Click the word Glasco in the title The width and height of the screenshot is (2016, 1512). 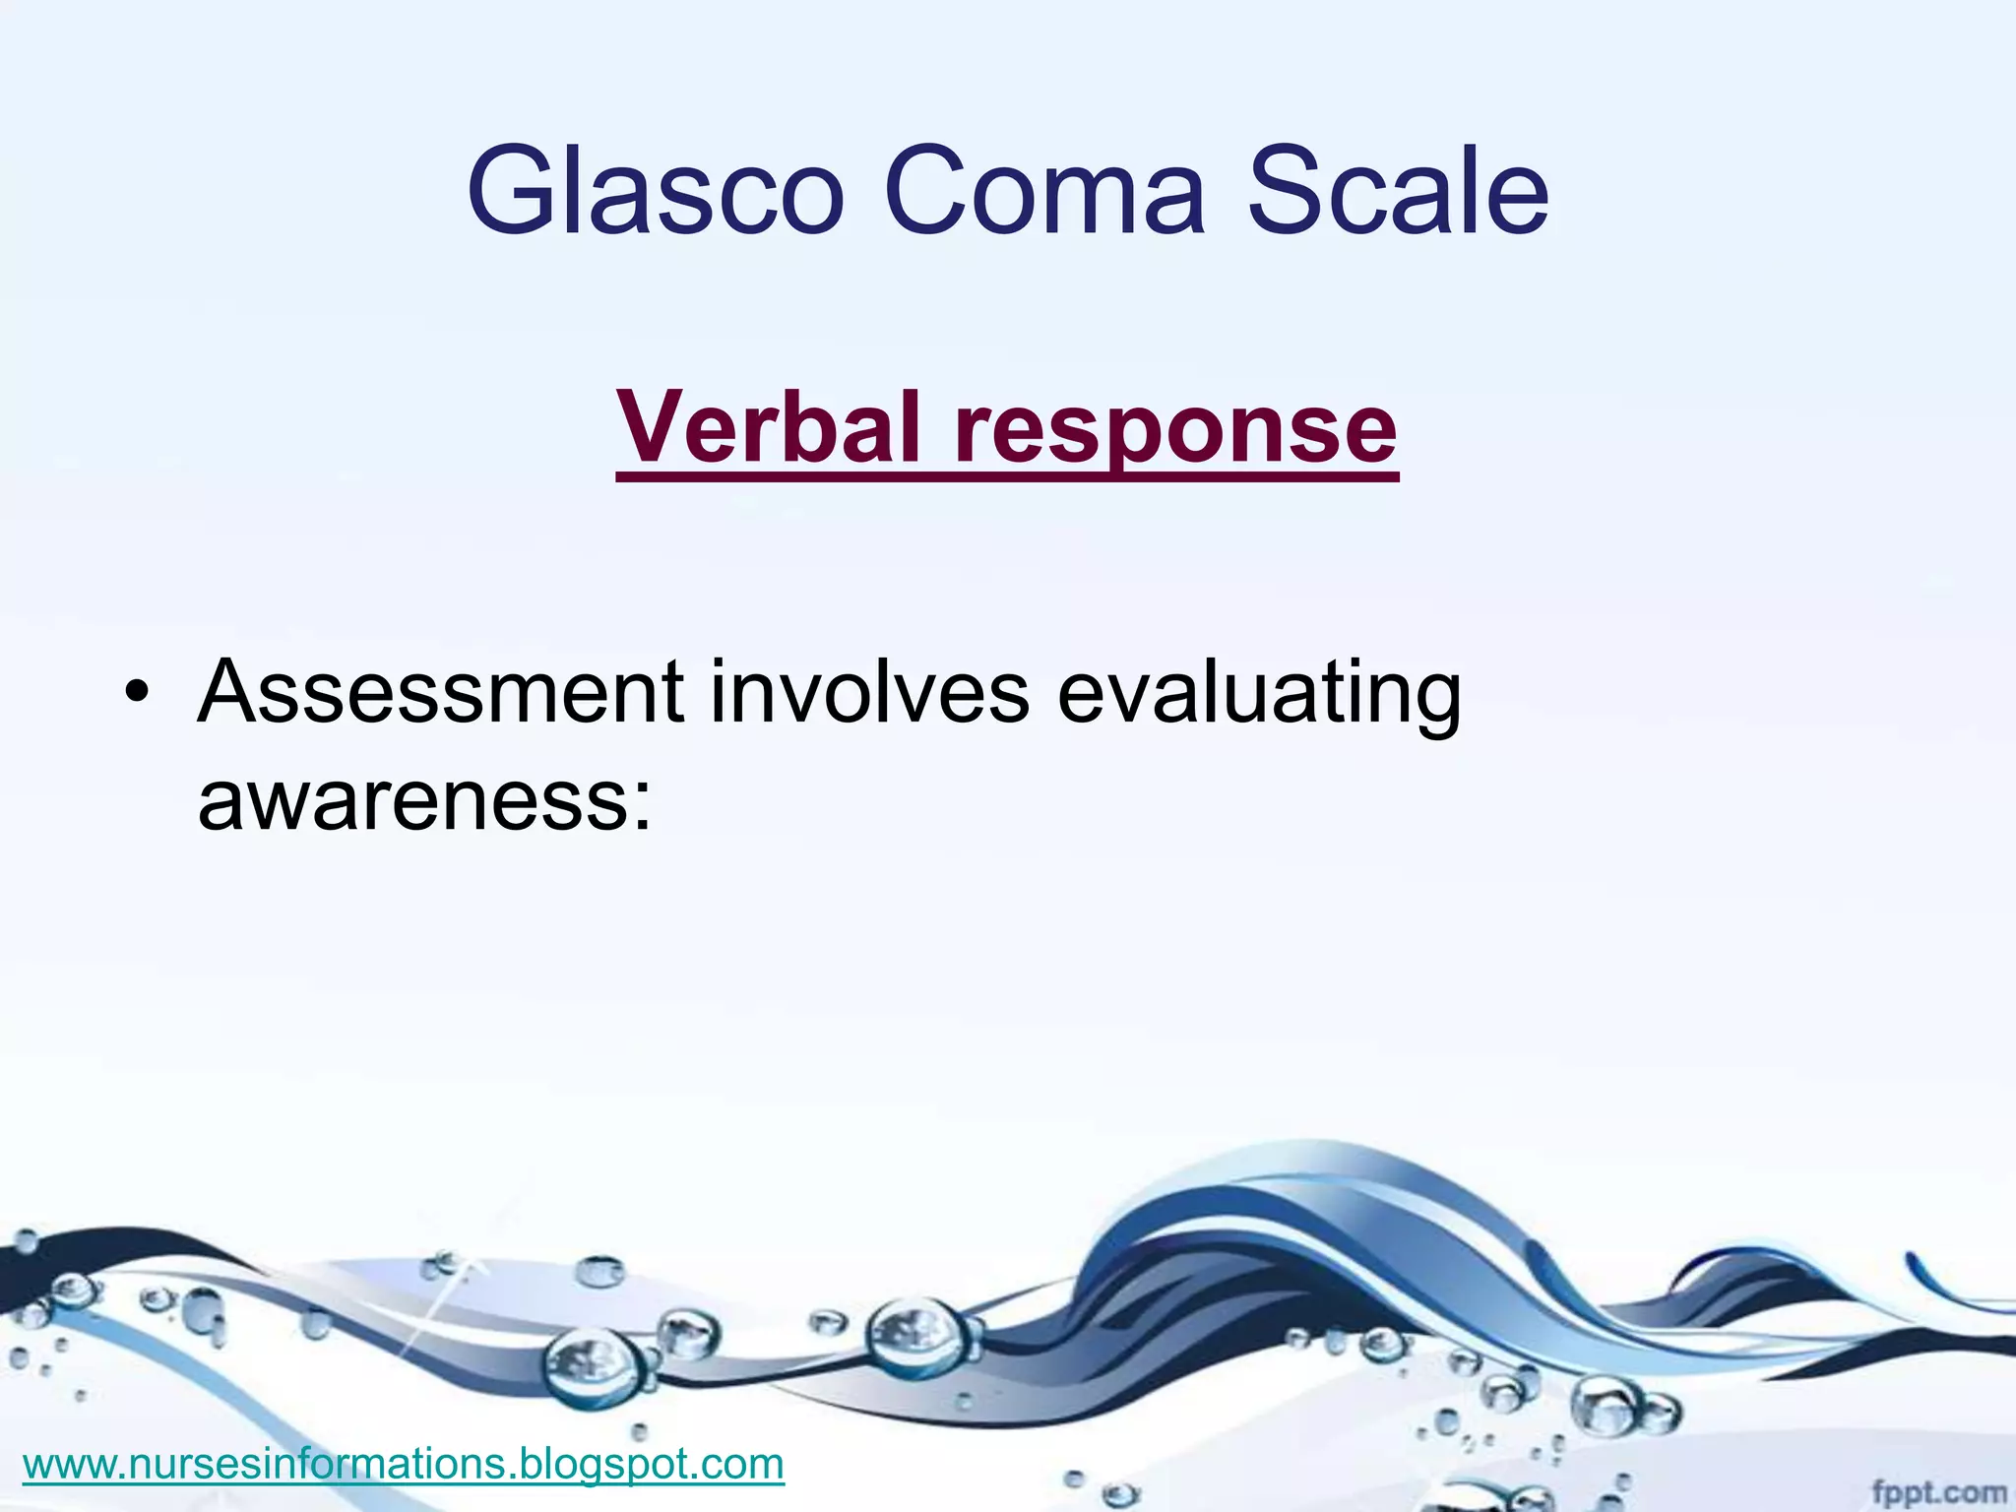coord(655,192)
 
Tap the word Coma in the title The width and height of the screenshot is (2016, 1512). coord(1044,192)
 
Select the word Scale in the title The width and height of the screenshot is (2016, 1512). coord(1398,192)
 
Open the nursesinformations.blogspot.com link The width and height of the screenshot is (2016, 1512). coord(404,1464)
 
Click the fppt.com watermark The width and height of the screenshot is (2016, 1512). coord(1937,1493)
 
